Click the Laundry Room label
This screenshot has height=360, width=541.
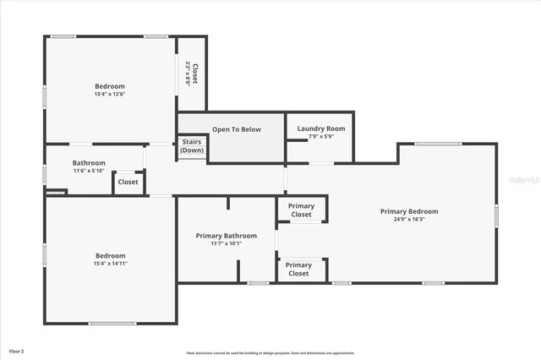(320, 128)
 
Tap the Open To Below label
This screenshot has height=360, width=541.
(237, 129)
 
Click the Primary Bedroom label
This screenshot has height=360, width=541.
(409, 211)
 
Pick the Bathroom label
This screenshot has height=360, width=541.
(89, 163)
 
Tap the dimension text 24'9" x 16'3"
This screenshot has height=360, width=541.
(409, 219)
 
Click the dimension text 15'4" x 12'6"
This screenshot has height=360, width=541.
(110, 94)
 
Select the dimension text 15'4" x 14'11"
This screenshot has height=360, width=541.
(110, 263)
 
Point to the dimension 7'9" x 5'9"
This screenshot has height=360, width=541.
(320, 136)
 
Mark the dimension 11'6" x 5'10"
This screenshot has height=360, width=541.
(89, 171)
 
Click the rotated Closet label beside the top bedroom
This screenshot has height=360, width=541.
(194, 74)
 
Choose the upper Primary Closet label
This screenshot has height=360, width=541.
(301, 210)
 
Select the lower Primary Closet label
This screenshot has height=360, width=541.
(298, 270)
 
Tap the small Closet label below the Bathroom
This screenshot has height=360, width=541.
(128, 182)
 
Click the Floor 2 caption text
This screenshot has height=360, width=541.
(16, 350)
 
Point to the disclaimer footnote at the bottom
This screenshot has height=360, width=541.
(270, 353)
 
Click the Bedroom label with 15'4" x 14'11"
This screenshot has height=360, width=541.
(110, 255)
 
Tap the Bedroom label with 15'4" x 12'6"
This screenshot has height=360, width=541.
(110, 86)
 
